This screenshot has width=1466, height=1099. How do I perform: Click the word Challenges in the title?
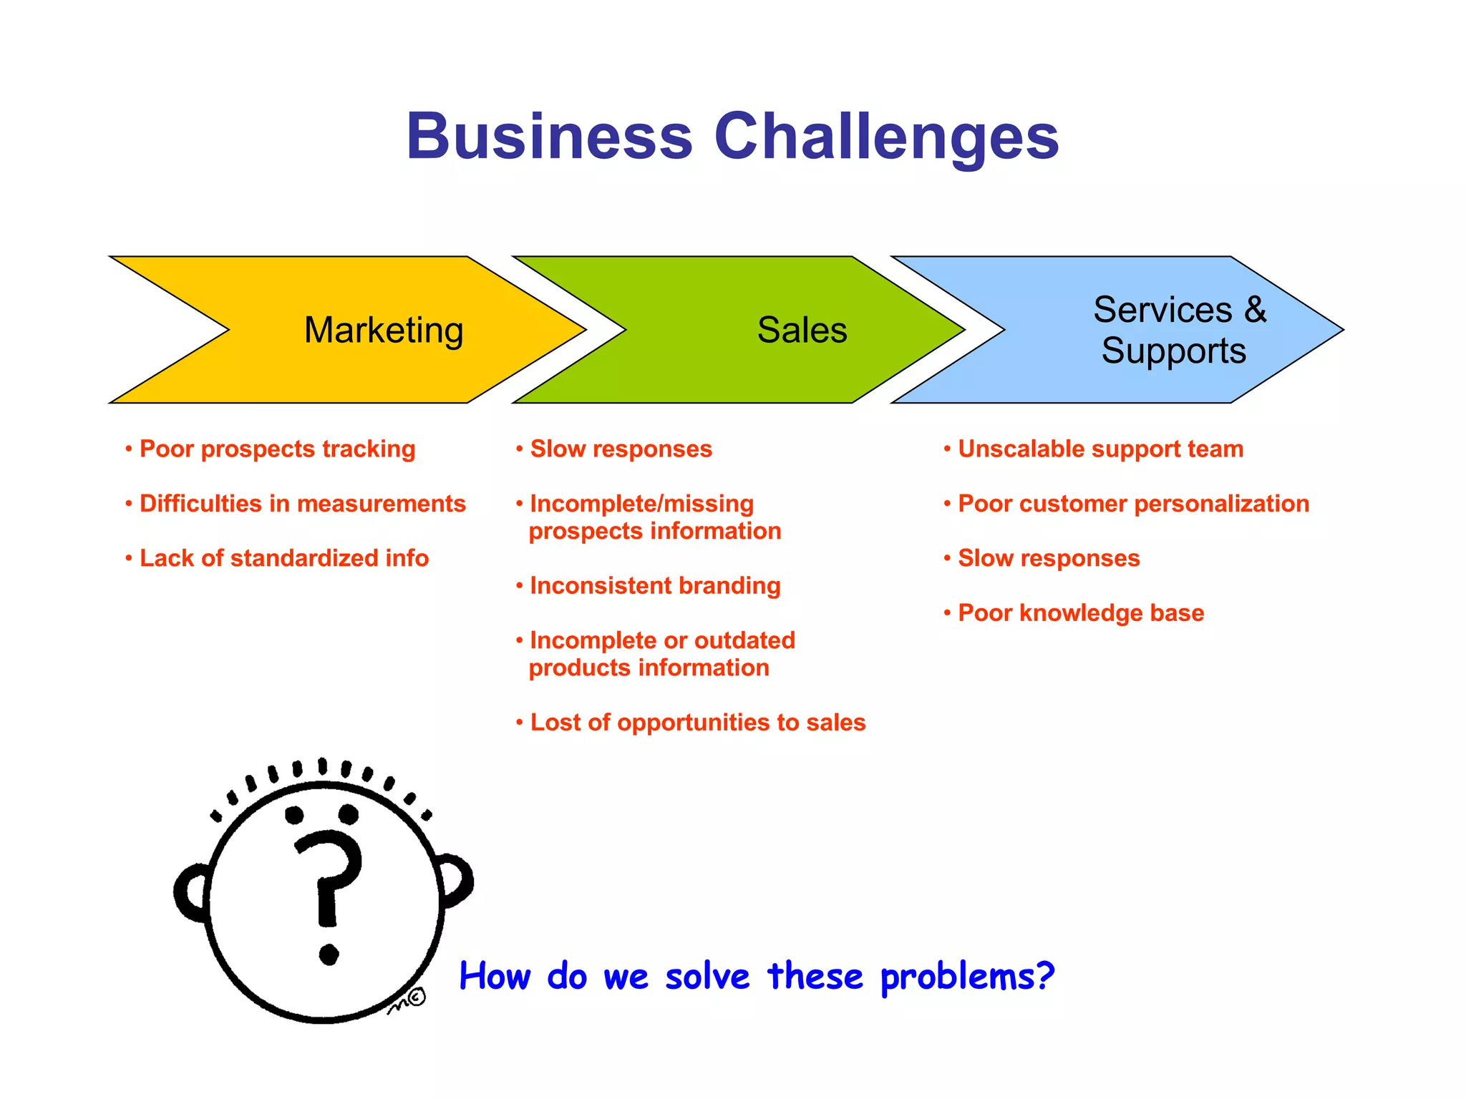(x=886, y=137)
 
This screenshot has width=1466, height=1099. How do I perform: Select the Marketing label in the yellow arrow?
(x=384, y=331)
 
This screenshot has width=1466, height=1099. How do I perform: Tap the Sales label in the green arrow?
(x=802, y=331)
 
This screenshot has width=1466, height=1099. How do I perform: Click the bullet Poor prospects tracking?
(x=277, y=449)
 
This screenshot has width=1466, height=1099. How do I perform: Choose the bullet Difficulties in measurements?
(x=302, y=504)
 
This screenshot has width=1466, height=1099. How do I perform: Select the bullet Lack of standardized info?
(x=283, y=558)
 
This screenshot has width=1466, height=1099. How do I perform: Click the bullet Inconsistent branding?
(x=654, y=586)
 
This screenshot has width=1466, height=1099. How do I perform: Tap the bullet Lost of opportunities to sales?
(x=697, y=723)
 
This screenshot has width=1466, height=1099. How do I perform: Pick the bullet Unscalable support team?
(x=1100, y=449)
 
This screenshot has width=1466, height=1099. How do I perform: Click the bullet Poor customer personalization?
(x=1133, y=504)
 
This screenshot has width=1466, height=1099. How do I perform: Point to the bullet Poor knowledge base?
(x=1080, y=613)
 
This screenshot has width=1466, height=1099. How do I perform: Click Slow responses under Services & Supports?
(x=1048, y=558)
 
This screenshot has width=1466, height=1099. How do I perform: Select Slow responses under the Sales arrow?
(x=621, y=449)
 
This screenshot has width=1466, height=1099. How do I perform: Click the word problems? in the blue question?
(x=967, y=977)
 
